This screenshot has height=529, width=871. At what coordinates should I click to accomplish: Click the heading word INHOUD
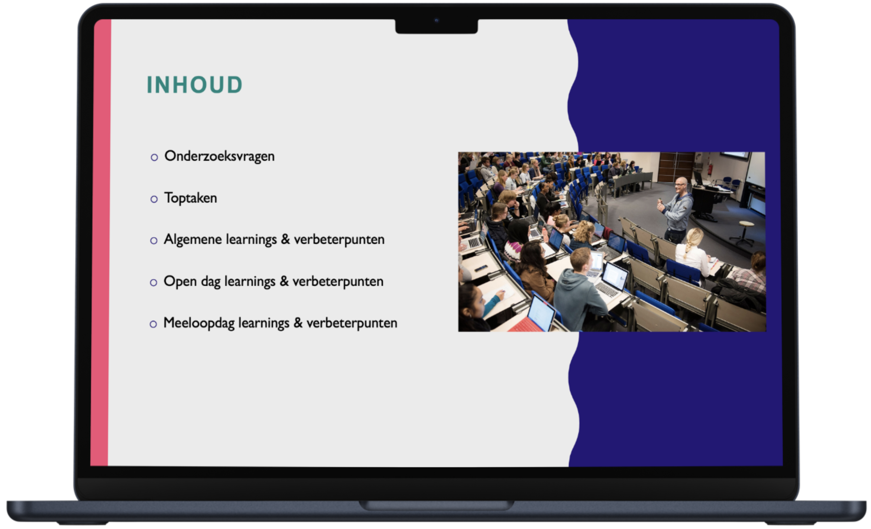(195, 85)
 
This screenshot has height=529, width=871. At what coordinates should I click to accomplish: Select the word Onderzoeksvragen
(219, 156)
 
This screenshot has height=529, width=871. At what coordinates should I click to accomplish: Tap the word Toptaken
(191, 198)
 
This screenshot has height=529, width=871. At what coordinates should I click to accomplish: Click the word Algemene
(192, 240)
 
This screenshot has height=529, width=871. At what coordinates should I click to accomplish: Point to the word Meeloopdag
(199, 323)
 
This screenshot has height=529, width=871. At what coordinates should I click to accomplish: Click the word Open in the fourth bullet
(180, 282)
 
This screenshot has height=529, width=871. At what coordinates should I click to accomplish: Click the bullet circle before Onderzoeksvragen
(154, 157)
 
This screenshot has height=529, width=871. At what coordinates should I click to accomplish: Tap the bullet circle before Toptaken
(154, 199)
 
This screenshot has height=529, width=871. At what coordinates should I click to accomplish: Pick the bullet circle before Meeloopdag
(153, 324)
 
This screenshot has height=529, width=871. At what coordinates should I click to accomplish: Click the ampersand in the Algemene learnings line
(285, 239)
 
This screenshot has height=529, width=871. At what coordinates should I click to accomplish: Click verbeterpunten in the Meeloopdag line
(352, 323)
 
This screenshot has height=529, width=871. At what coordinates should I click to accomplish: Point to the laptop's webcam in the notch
(437, 20)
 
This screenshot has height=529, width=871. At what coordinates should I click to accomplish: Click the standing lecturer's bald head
(681, 183)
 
